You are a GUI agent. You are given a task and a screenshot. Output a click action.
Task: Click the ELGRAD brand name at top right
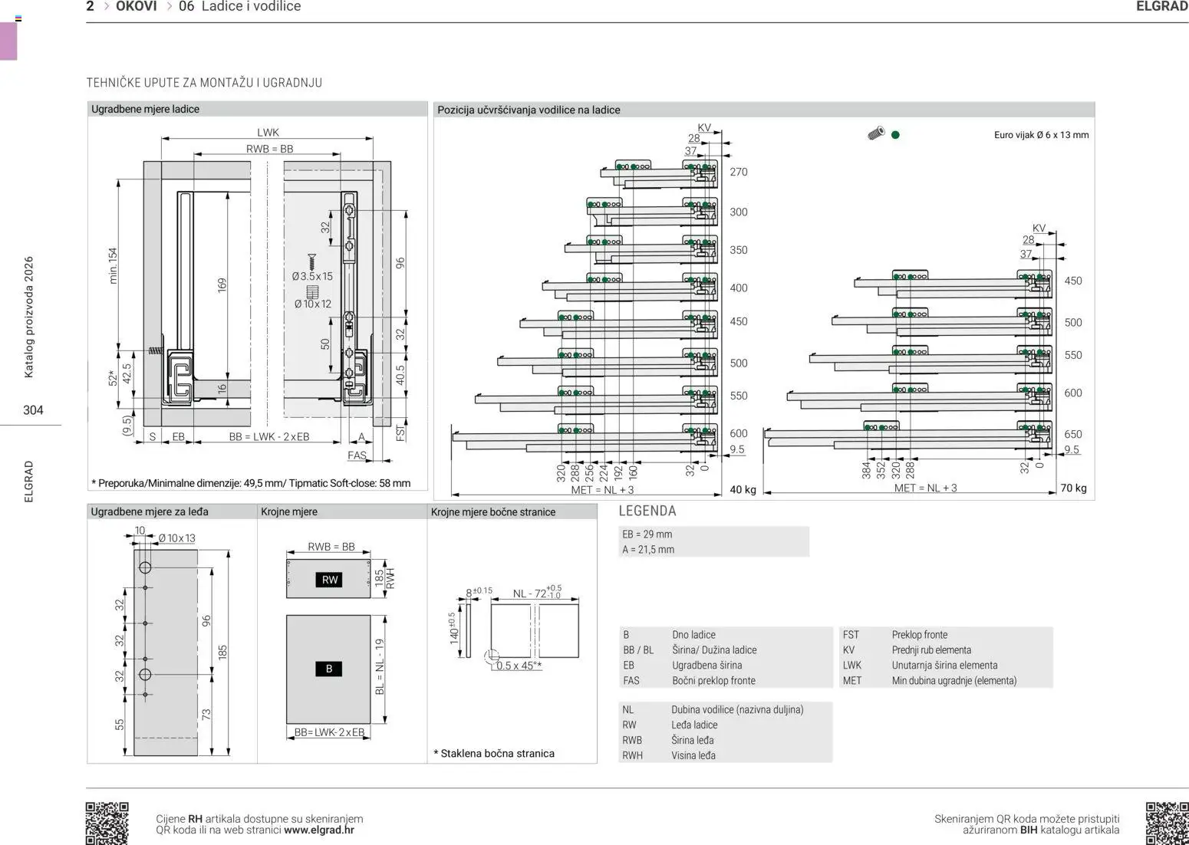pos(1161,7)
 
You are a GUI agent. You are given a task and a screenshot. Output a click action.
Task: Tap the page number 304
pos(33,410)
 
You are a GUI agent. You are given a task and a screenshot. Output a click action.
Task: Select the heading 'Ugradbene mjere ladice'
pos(145,109)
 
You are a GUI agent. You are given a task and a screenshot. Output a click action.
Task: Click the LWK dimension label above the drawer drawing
pos(268,133)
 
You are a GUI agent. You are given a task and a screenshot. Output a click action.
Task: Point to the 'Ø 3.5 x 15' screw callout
pos(312,276)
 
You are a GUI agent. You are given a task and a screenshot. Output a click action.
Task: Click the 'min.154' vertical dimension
pos(114,265)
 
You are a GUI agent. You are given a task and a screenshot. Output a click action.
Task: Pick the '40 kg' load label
pos(742,489)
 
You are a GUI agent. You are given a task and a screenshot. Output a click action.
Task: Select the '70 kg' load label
pos(1074,488)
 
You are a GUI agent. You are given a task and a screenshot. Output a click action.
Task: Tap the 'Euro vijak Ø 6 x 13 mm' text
pos(1041,135)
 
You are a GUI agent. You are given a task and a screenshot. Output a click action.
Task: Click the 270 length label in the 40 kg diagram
pos(738,172)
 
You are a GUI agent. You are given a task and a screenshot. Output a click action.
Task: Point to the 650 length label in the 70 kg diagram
pos(1072,434)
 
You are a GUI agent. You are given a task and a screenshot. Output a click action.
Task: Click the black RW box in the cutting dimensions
pos(329,580)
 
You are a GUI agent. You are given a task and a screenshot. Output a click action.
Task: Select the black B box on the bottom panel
pos(328,669)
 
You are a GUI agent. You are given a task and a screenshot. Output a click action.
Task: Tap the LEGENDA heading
pos(647,511)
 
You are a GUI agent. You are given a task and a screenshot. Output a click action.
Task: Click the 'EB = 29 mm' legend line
pos(647,534)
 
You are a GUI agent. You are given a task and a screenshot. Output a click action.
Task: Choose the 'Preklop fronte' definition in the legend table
pos(919,635)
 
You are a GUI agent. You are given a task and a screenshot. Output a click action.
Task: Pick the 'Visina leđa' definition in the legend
pos(693,755)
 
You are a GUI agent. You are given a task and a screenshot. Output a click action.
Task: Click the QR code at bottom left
pos(107,823)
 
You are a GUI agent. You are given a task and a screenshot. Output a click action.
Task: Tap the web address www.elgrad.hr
pos(318,830)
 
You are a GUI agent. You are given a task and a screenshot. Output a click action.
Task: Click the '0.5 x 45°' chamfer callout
pos(519,666)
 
